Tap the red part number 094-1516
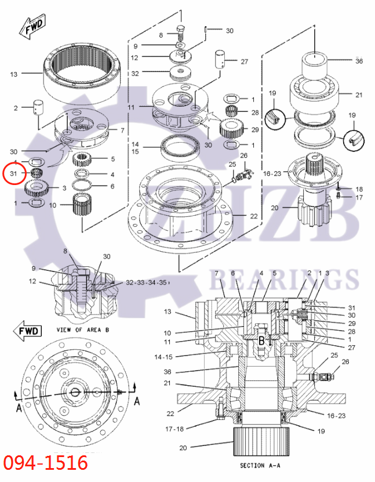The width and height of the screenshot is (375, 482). [46, 463]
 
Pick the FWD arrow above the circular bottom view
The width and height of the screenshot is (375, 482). [28, 331]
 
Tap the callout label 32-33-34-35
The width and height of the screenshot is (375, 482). [147, 282]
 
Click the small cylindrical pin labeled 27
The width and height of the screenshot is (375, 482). [220, 60]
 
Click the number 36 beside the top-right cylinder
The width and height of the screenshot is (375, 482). [359, 61]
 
